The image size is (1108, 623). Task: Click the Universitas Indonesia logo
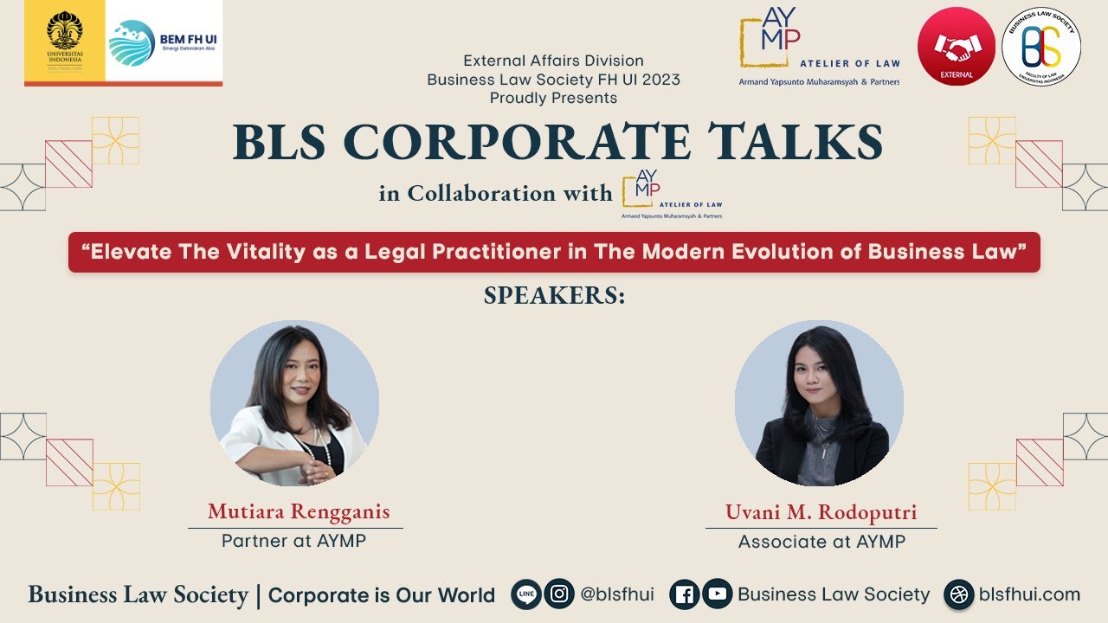65,42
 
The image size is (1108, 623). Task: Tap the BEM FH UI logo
164,42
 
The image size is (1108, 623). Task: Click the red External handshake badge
956,47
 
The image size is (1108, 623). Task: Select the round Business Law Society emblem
1041,47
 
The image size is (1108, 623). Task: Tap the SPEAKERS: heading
554,295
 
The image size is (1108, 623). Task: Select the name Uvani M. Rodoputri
821,511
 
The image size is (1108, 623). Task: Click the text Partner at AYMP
293,541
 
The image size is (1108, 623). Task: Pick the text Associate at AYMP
821,542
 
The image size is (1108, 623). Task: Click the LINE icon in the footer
526,594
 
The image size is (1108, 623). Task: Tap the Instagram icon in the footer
559,594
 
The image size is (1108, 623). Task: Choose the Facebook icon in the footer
684,594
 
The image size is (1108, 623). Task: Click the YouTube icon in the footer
716,594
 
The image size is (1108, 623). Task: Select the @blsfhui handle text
616,594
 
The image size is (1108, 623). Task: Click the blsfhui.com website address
1029,594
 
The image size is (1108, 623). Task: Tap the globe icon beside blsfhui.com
958,594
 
